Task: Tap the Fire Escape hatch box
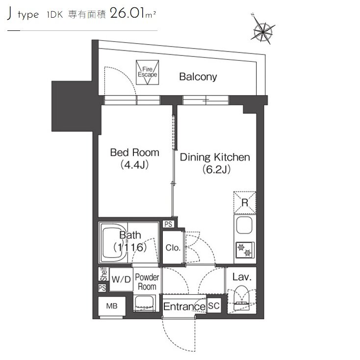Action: point(148,72)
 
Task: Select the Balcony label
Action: point(198,77)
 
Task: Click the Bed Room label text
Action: point(134,153)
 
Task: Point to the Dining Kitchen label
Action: point(215,157)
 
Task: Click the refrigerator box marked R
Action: point(245,203)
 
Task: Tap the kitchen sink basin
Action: point(244,225)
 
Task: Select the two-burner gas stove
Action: point(245,250)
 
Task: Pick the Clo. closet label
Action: point(173,248)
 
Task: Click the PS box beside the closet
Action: point(168,224)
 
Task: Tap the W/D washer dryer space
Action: point(121,279)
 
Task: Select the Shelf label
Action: point(104,274)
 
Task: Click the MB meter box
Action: point(112,306)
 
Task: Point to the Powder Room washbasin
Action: point(144,303)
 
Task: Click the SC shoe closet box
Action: point(214,306)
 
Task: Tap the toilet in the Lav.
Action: point(241,298)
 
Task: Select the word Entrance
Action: point(184,307)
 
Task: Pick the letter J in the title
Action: point(9,14)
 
